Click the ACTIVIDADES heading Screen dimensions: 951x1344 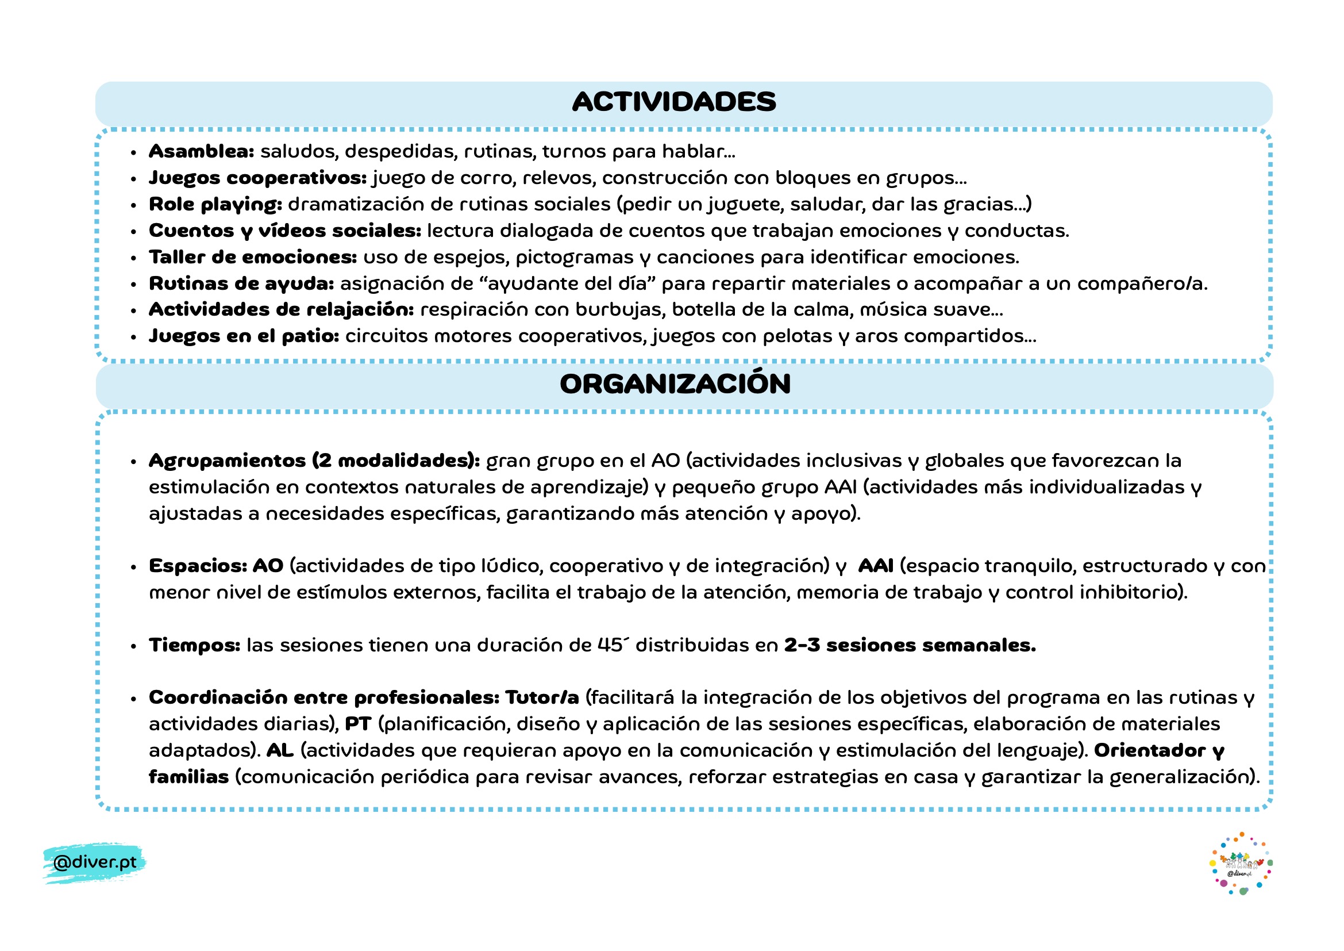674,102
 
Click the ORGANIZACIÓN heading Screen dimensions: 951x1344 675,384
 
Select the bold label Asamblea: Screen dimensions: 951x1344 201,151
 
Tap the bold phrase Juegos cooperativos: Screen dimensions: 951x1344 257,178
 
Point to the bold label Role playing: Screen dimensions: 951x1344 215,204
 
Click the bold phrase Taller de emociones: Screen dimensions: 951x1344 253,257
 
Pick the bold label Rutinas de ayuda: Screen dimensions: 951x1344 241,283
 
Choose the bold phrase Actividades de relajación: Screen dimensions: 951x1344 281,310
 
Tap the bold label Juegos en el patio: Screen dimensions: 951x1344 244,336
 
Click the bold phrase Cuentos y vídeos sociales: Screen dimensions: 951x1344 285,231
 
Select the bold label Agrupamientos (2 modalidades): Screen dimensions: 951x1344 314,461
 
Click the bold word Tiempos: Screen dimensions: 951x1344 194,645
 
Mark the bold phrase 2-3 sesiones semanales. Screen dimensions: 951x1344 910,645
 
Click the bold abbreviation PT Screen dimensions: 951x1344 357,724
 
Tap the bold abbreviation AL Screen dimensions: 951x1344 280,751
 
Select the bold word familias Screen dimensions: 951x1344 188,777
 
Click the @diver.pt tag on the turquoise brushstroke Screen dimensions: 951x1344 94,862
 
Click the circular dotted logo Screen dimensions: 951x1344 1241,863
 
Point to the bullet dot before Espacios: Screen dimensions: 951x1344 134,567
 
